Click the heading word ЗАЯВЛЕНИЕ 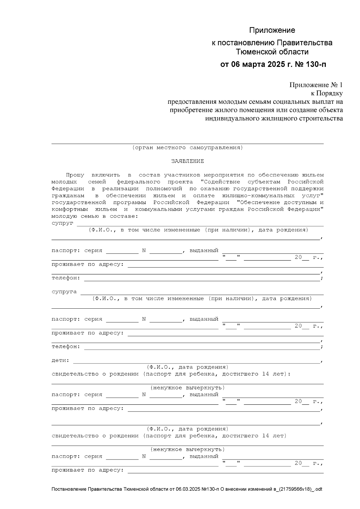pyautogui.click(x=187, y=161)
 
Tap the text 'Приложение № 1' pyautogui.click(x=316, y=85)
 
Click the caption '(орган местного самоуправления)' pyautogui.click(x=187, y=148)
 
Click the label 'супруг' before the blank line pyautogui.click(x=62, y=223)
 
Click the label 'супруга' pyautogui.click(x=64, y=292)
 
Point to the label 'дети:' pyautogui.click(x=61, y=361)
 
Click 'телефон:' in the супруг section pyautogui.click(x=66, y=278)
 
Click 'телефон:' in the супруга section pyautogui.click(x=66, y=347)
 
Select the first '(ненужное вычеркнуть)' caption pyautogui.click(x=187, y=388)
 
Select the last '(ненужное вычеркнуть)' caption pyautogui.click(x=187, y=450)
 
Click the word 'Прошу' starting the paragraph pyautogui.click(x=75, y=175)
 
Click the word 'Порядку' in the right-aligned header pyautogui.click(x=331, y=94)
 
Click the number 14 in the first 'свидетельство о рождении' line pyautogui.click(x=265, y=374)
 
